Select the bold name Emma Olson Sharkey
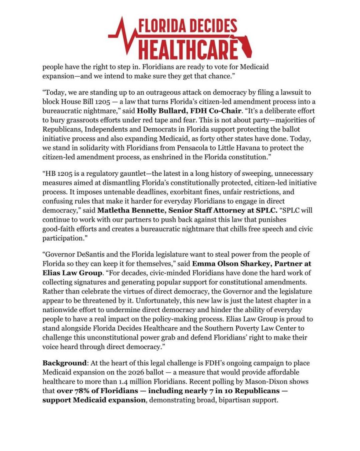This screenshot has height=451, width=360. click(226, 263)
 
